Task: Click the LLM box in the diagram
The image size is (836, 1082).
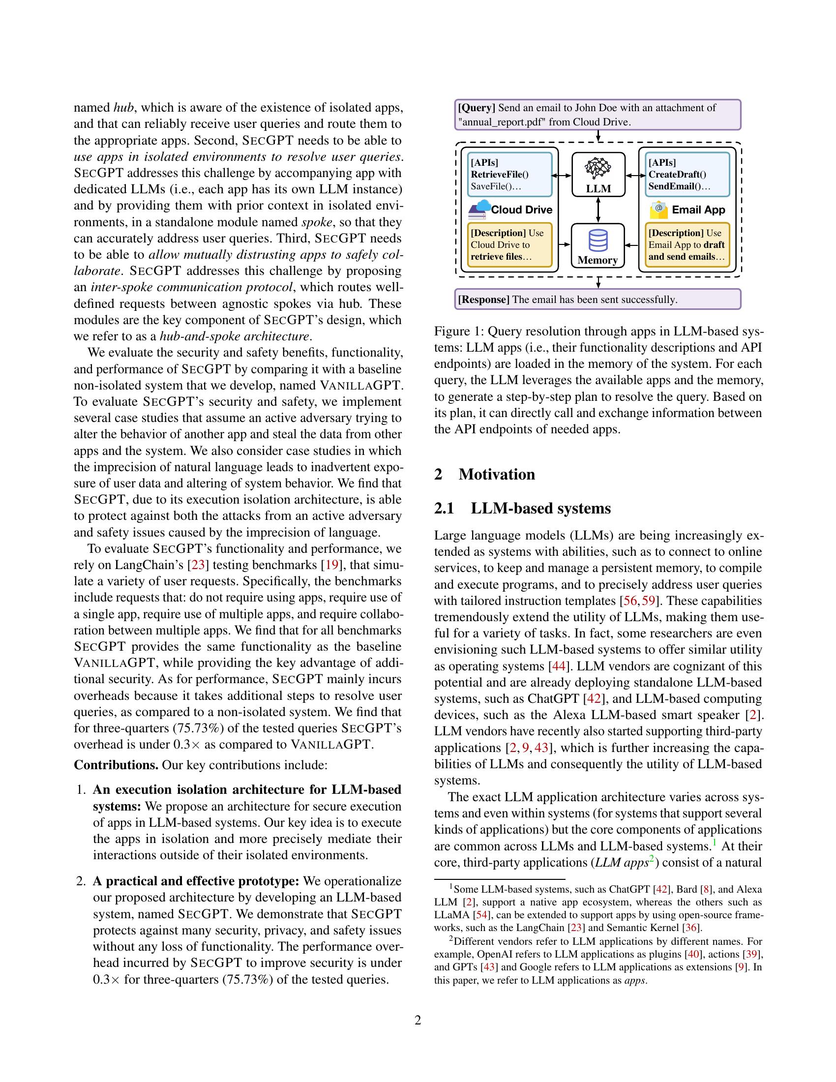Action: tap(598, 175)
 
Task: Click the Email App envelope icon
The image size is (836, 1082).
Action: tap(658, 210)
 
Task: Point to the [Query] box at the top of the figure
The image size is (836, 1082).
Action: tap(597, 115)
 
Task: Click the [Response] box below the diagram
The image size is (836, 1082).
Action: tap(597, 299)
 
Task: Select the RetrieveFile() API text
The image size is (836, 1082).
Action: tap(500, 175)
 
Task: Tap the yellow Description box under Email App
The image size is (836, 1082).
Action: tap(687, 245)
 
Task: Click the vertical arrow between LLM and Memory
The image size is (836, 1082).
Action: tap(598, 210)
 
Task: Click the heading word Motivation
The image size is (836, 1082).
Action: tap(496, 474)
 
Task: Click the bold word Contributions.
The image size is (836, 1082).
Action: tap(116, 765)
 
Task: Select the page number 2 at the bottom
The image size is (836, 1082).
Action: tap(418, 1021)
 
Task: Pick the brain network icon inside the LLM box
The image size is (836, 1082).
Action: tap(598, 168)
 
